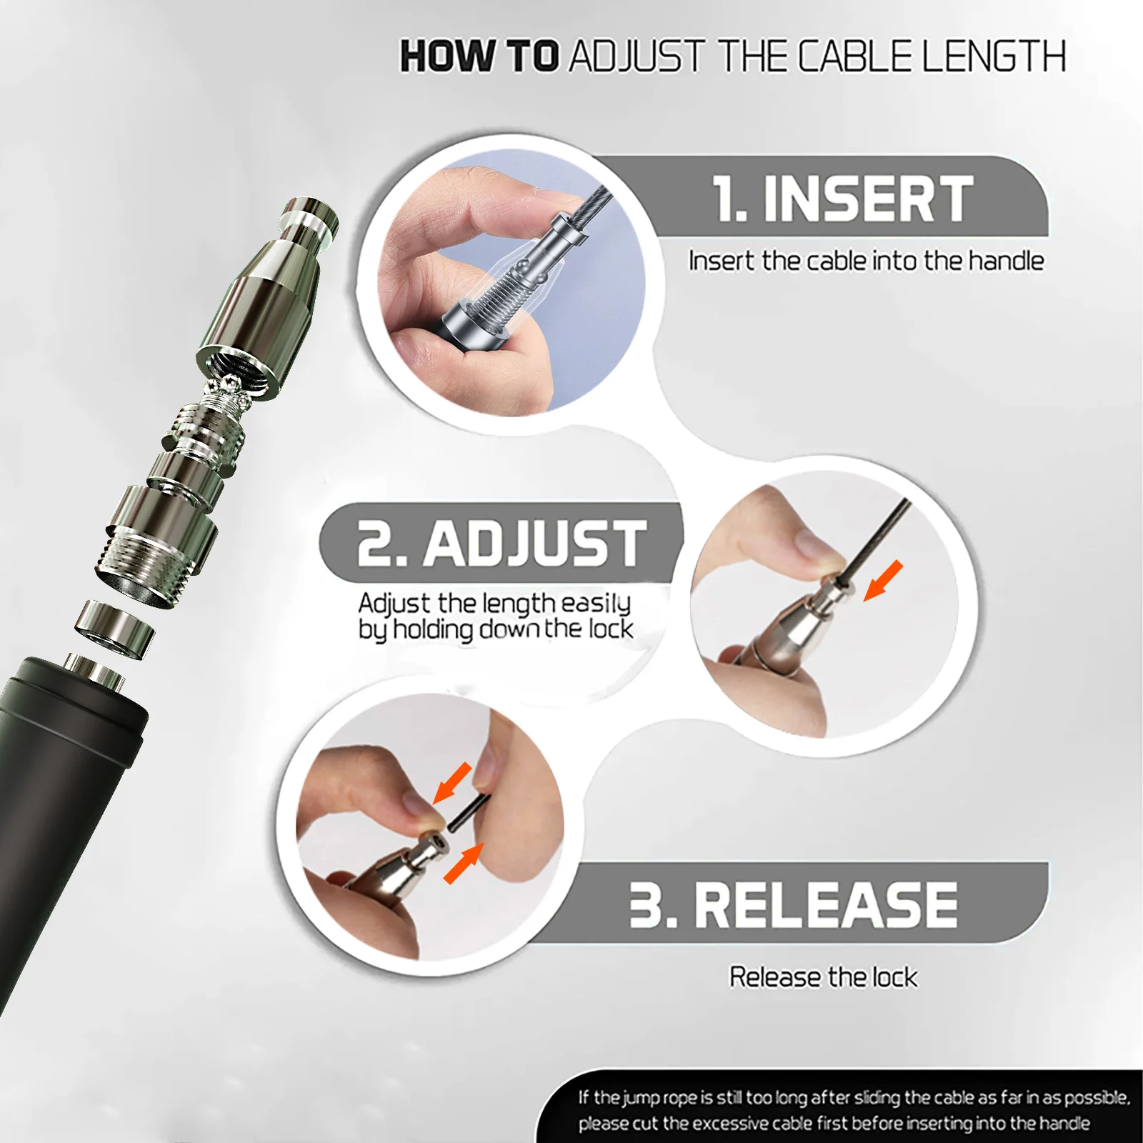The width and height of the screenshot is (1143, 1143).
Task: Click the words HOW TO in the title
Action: click(x=479, y=56)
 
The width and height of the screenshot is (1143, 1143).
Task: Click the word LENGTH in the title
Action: click(x=994, y=56)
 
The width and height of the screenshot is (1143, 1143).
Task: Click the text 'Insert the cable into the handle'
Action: click(x=866, y=261)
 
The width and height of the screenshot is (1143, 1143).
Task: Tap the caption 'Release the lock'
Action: click(x=823, y=977)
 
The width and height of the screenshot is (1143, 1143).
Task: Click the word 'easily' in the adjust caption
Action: click(x=596, y=604)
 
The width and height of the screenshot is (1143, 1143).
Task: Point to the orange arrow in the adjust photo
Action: click(x=884, y=581)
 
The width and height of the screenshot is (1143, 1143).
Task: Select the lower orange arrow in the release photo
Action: click(x=464, y=863)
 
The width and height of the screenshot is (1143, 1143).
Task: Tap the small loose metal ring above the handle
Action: click(x=116, y=627)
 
